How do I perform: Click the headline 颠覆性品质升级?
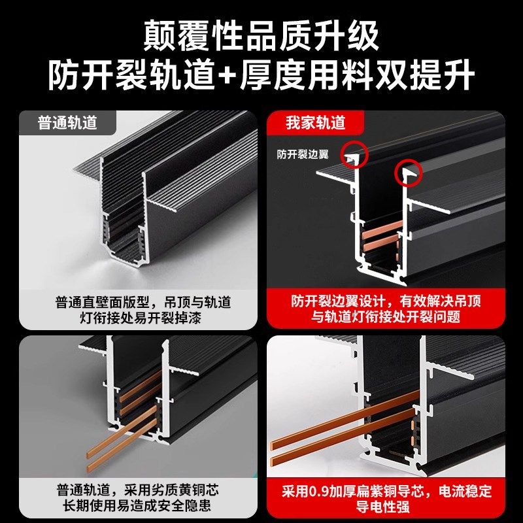pos(261,36)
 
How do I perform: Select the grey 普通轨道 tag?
pos(67,122)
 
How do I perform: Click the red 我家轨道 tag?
pos(315,122)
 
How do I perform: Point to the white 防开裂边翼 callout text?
pos(303,155)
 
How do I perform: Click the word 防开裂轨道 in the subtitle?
pos(131,76)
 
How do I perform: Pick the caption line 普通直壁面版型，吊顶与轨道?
pos(143,303)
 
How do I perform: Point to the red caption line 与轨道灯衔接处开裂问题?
pos(386,318)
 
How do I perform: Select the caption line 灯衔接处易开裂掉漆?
pos(143,318)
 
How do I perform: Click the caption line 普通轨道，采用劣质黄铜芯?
pos(143,490)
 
